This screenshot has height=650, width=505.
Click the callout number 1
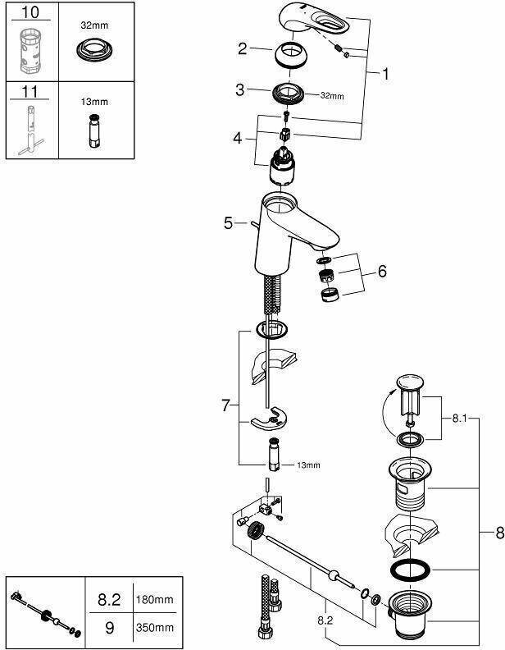384,73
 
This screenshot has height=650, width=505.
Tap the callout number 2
242,48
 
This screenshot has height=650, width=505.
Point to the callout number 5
228,222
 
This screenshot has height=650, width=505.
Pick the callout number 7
228,405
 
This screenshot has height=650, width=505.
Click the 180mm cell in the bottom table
155,600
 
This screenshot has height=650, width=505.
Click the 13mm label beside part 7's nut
308,465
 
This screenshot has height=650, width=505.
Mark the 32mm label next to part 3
331,96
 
